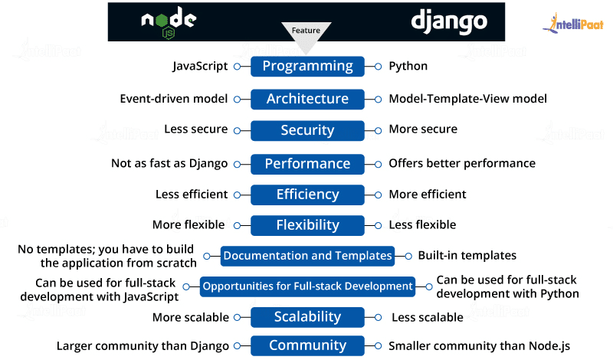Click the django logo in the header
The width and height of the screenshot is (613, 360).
click(448, 21)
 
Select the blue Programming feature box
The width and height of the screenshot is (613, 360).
click(307, 66)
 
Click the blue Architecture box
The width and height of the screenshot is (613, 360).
click(307, 99)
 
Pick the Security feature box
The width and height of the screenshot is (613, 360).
click(307, 131)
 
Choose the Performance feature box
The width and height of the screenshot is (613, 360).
click(307, 163)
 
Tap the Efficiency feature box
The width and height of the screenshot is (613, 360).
click(307, 195)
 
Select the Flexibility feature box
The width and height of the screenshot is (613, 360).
click(307, 225)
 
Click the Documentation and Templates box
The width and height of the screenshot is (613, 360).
click(307, 256)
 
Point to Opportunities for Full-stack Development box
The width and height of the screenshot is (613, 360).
click(307, 286)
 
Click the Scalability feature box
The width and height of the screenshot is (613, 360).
click(307, 317)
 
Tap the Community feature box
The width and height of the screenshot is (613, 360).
click(307, 346)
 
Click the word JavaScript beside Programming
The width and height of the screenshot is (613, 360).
click(200, 66)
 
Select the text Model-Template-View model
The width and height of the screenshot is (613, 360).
click(467, 99)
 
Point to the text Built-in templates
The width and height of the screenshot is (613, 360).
click(467, 255)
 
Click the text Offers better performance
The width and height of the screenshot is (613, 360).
click(462, 163)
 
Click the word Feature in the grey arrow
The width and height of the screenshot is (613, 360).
click(306, 30)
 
